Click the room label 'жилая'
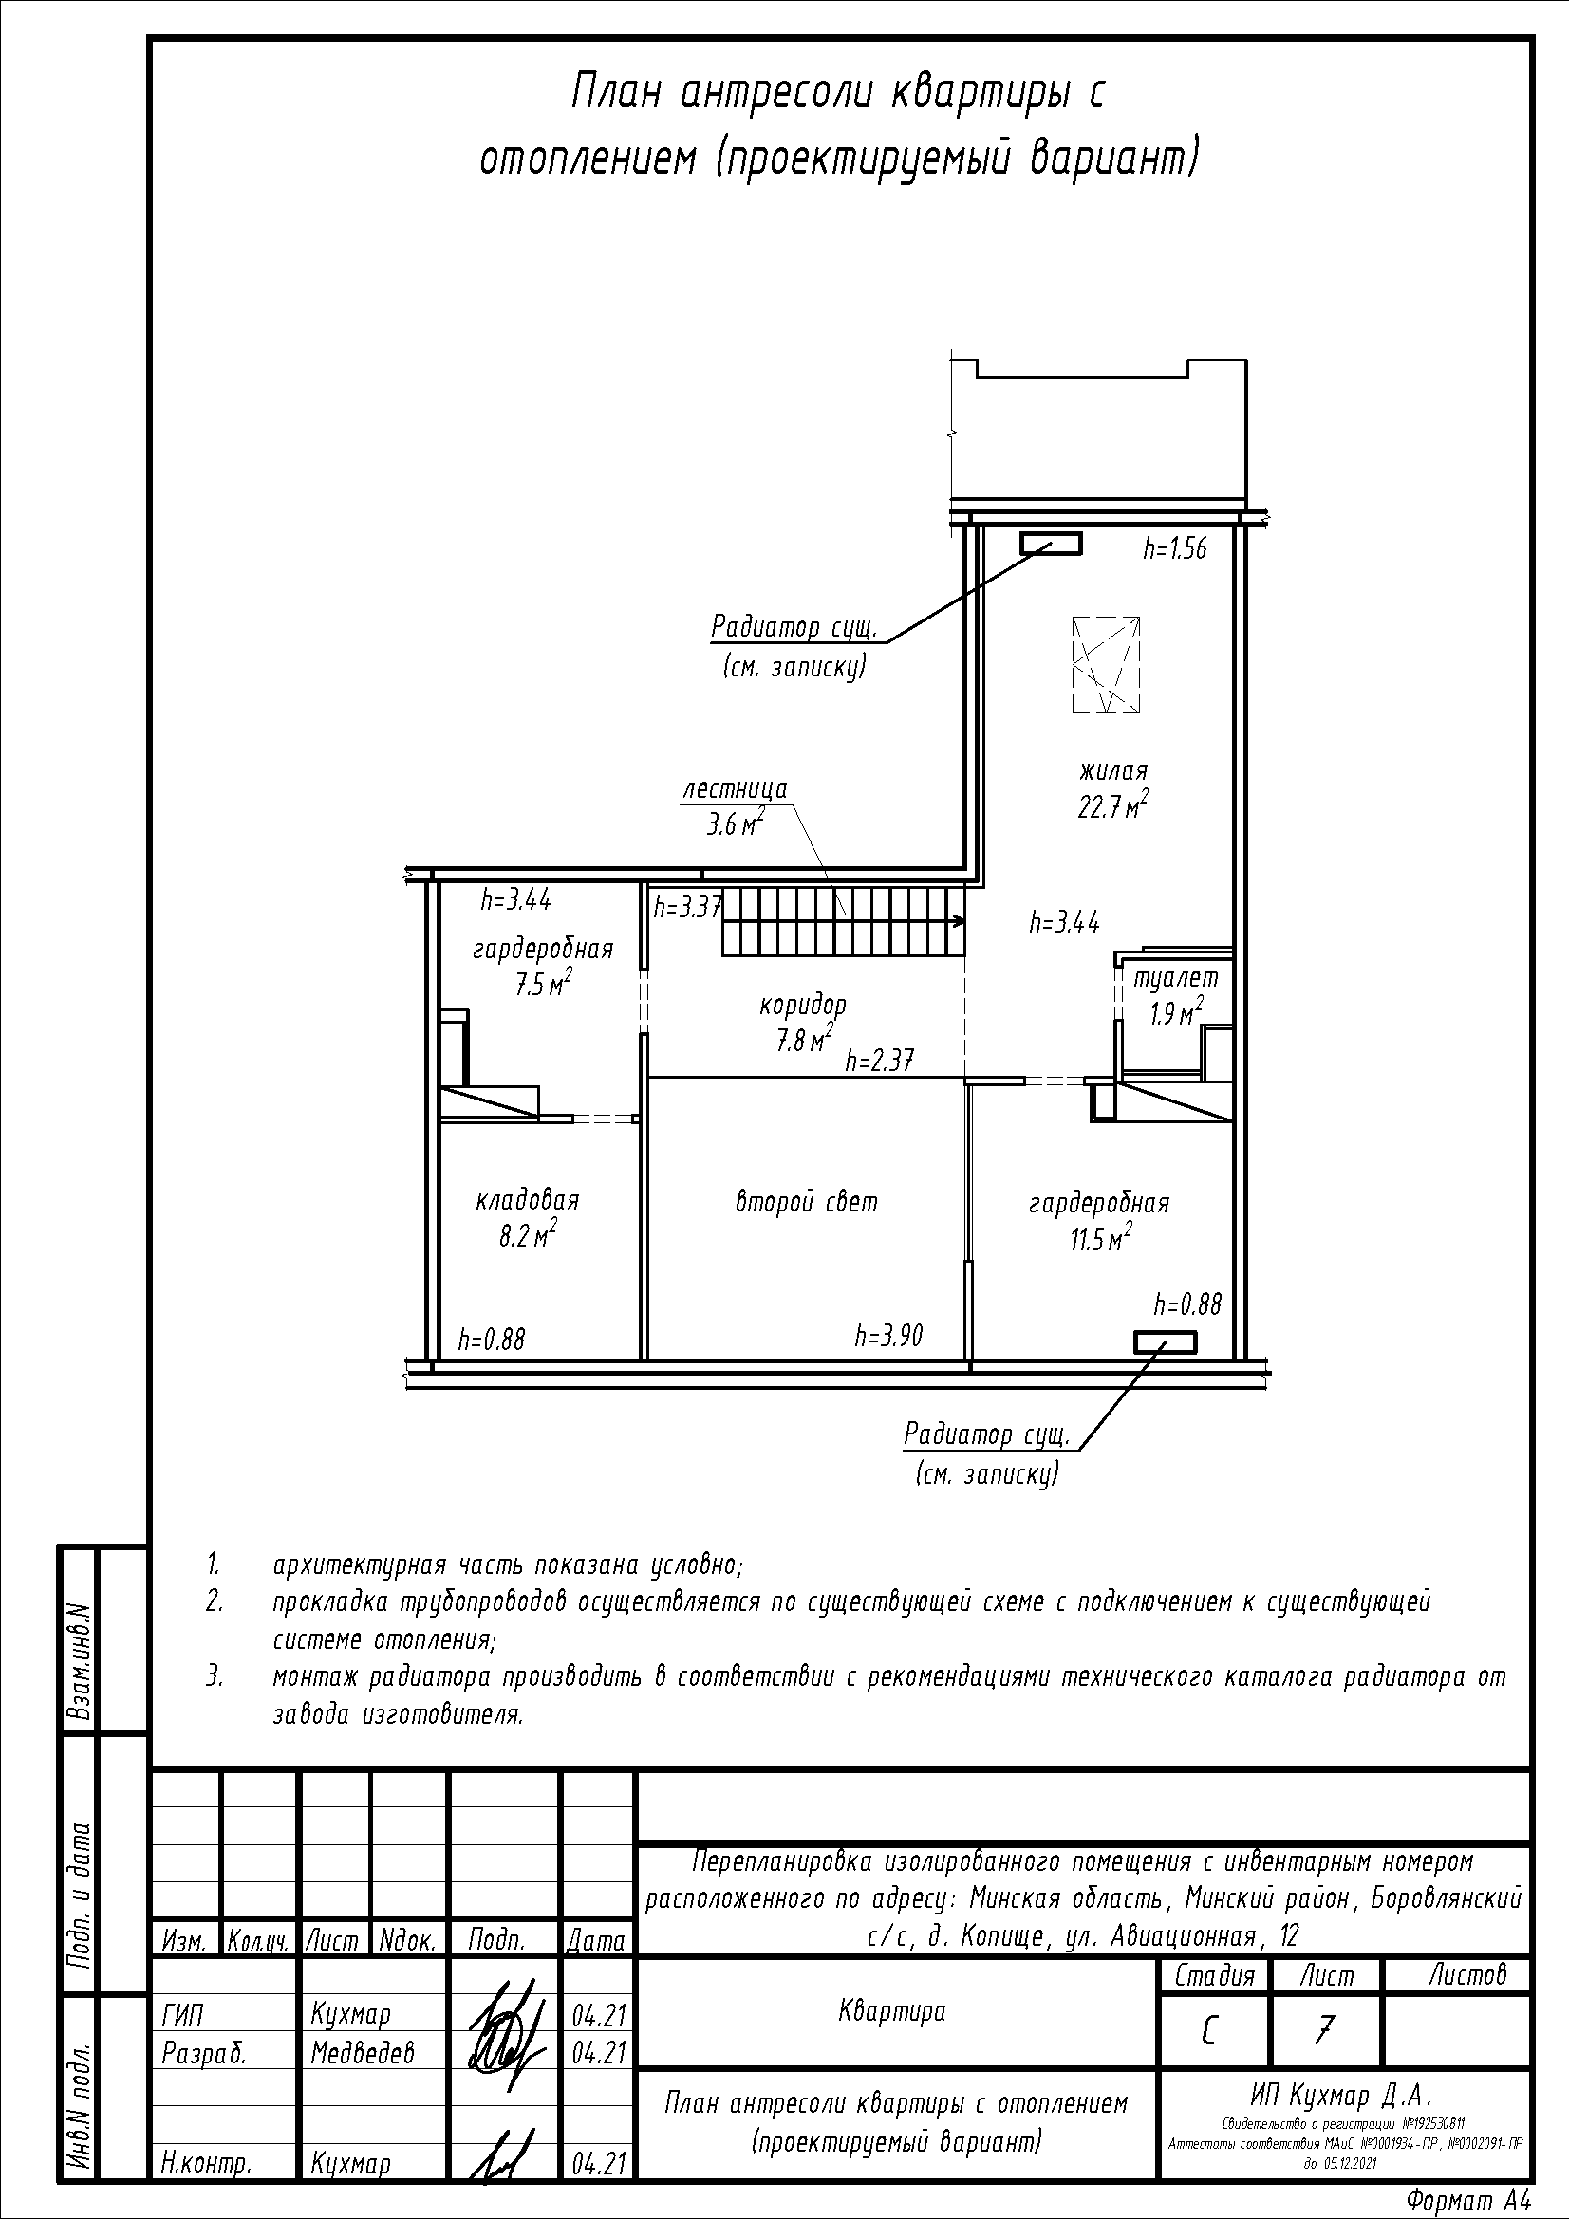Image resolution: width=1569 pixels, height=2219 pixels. click(x=1112, y=772)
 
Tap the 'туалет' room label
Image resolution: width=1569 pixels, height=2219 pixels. click(x=1175, y=978)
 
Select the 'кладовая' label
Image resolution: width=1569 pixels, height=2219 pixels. click(x=527, y=1200)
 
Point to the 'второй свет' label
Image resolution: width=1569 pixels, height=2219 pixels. click(x=806, y=1202)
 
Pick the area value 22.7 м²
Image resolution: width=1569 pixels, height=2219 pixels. click(x=1112, y=805)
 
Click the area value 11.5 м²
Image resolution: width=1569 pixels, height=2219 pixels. click(x=1101, y=1238)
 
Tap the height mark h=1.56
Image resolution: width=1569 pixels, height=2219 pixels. click(x=1174, y=549)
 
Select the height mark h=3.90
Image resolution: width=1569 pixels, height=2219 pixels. click(x=888, y=1336)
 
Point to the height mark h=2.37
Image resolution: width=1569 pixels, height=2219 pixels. click(x=880, y=1063)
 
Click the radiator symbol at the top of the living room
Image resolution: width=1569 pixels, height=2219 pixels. click(x=1052, y=545)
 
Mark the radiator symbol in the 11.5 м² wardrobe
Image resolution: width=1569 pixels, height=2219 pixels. click(x=1165, y=1342)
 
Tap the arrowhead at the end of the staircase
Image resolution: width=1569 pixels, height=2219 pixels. click(x=959, y=921)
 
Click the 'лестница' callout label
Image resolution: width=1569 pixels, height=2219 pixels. click(x=735, y=788)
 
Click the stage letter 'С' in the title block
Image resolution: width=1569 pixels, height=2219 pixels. click(x=1209, y=2033)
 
